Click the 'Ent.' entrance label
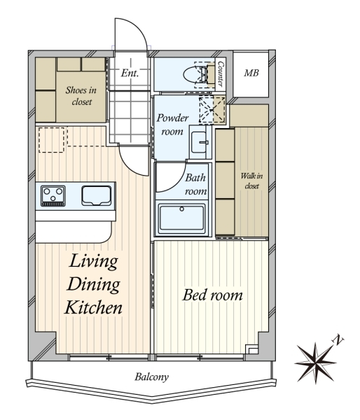[130, 73]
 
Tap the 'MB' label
[251, 73]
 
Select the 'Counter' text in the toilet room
[221, 74]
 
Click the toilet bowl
[195, 74]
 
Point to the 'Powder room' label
[172, 125]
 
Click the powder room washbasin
[199, 142]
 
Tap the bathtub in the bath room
[181, 218]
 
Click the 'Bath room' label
[195, 184]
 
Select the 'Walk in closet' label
[251, 181]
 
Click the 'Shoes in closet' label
[81, 96]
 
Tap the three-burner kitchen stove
[53, 196]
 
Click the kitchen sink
[97, 195]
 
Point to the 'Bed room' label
[213, 295]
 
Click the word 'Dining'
[94, 284]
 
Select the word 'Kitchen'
[93, 308]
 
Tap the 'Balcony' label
[151, 377]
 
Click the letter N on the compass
[338, 339]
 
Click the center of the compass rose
[316, 363]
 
